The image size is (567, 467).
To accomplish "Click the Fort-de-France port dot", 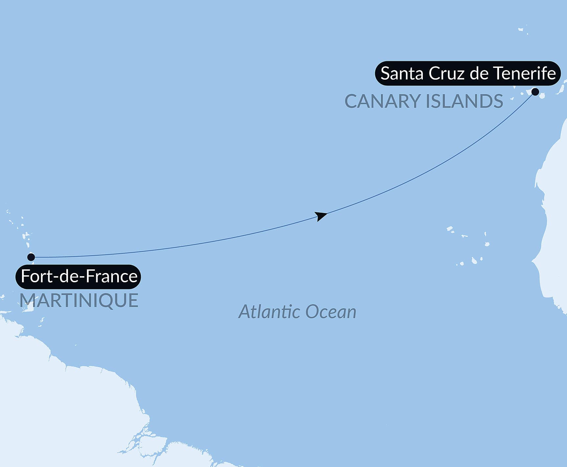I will click(31, 257).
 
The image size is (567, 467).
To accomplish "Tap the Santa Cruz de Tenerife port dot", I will click(535, 92).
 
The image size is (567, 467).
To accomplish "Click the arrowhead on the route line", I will click(320, 216).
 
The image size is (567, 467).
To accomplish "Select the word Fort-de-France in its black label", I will click(79, 276).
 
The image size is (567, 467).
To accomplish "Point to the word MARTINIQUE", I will click(79, 300).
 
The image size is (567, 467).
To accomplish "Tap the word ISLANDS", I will click(464, 101).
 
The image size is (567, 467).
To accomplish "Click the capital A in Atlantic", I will click(245, 311).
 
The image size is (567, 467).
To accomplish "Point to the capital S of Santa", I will click(385, 73).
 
